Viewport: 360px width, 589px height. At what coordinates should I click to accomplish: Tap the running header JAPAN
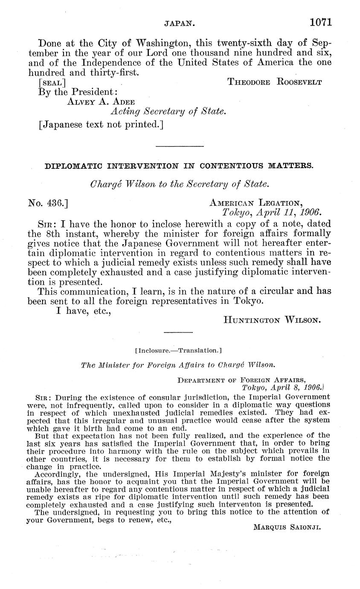click(x=180, y=24)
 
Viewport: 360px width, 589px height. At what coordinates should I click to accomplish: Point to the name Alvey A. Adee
click(x=101, y=102)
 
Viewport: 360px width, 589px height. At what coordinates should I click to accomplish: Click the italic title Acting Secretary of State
click(x=168, y=111)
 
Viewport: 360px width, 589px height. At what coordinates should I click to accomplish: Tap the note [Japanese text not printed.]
click(x=101, y=125)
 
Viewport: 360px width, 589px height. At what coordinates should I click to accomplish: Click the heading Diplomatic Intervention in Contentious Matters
click(x=179, y=166)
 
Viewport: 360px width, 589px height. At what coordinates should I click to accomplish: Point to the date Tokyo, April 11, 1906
click(x=272, y=212)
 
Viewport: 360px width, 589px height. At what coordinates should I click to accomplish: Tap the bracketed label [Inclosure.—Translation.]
click(x=178, y=350)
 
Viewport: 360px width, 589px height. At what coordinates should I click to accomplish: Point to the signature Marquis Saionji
click(x=287, y=527)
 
